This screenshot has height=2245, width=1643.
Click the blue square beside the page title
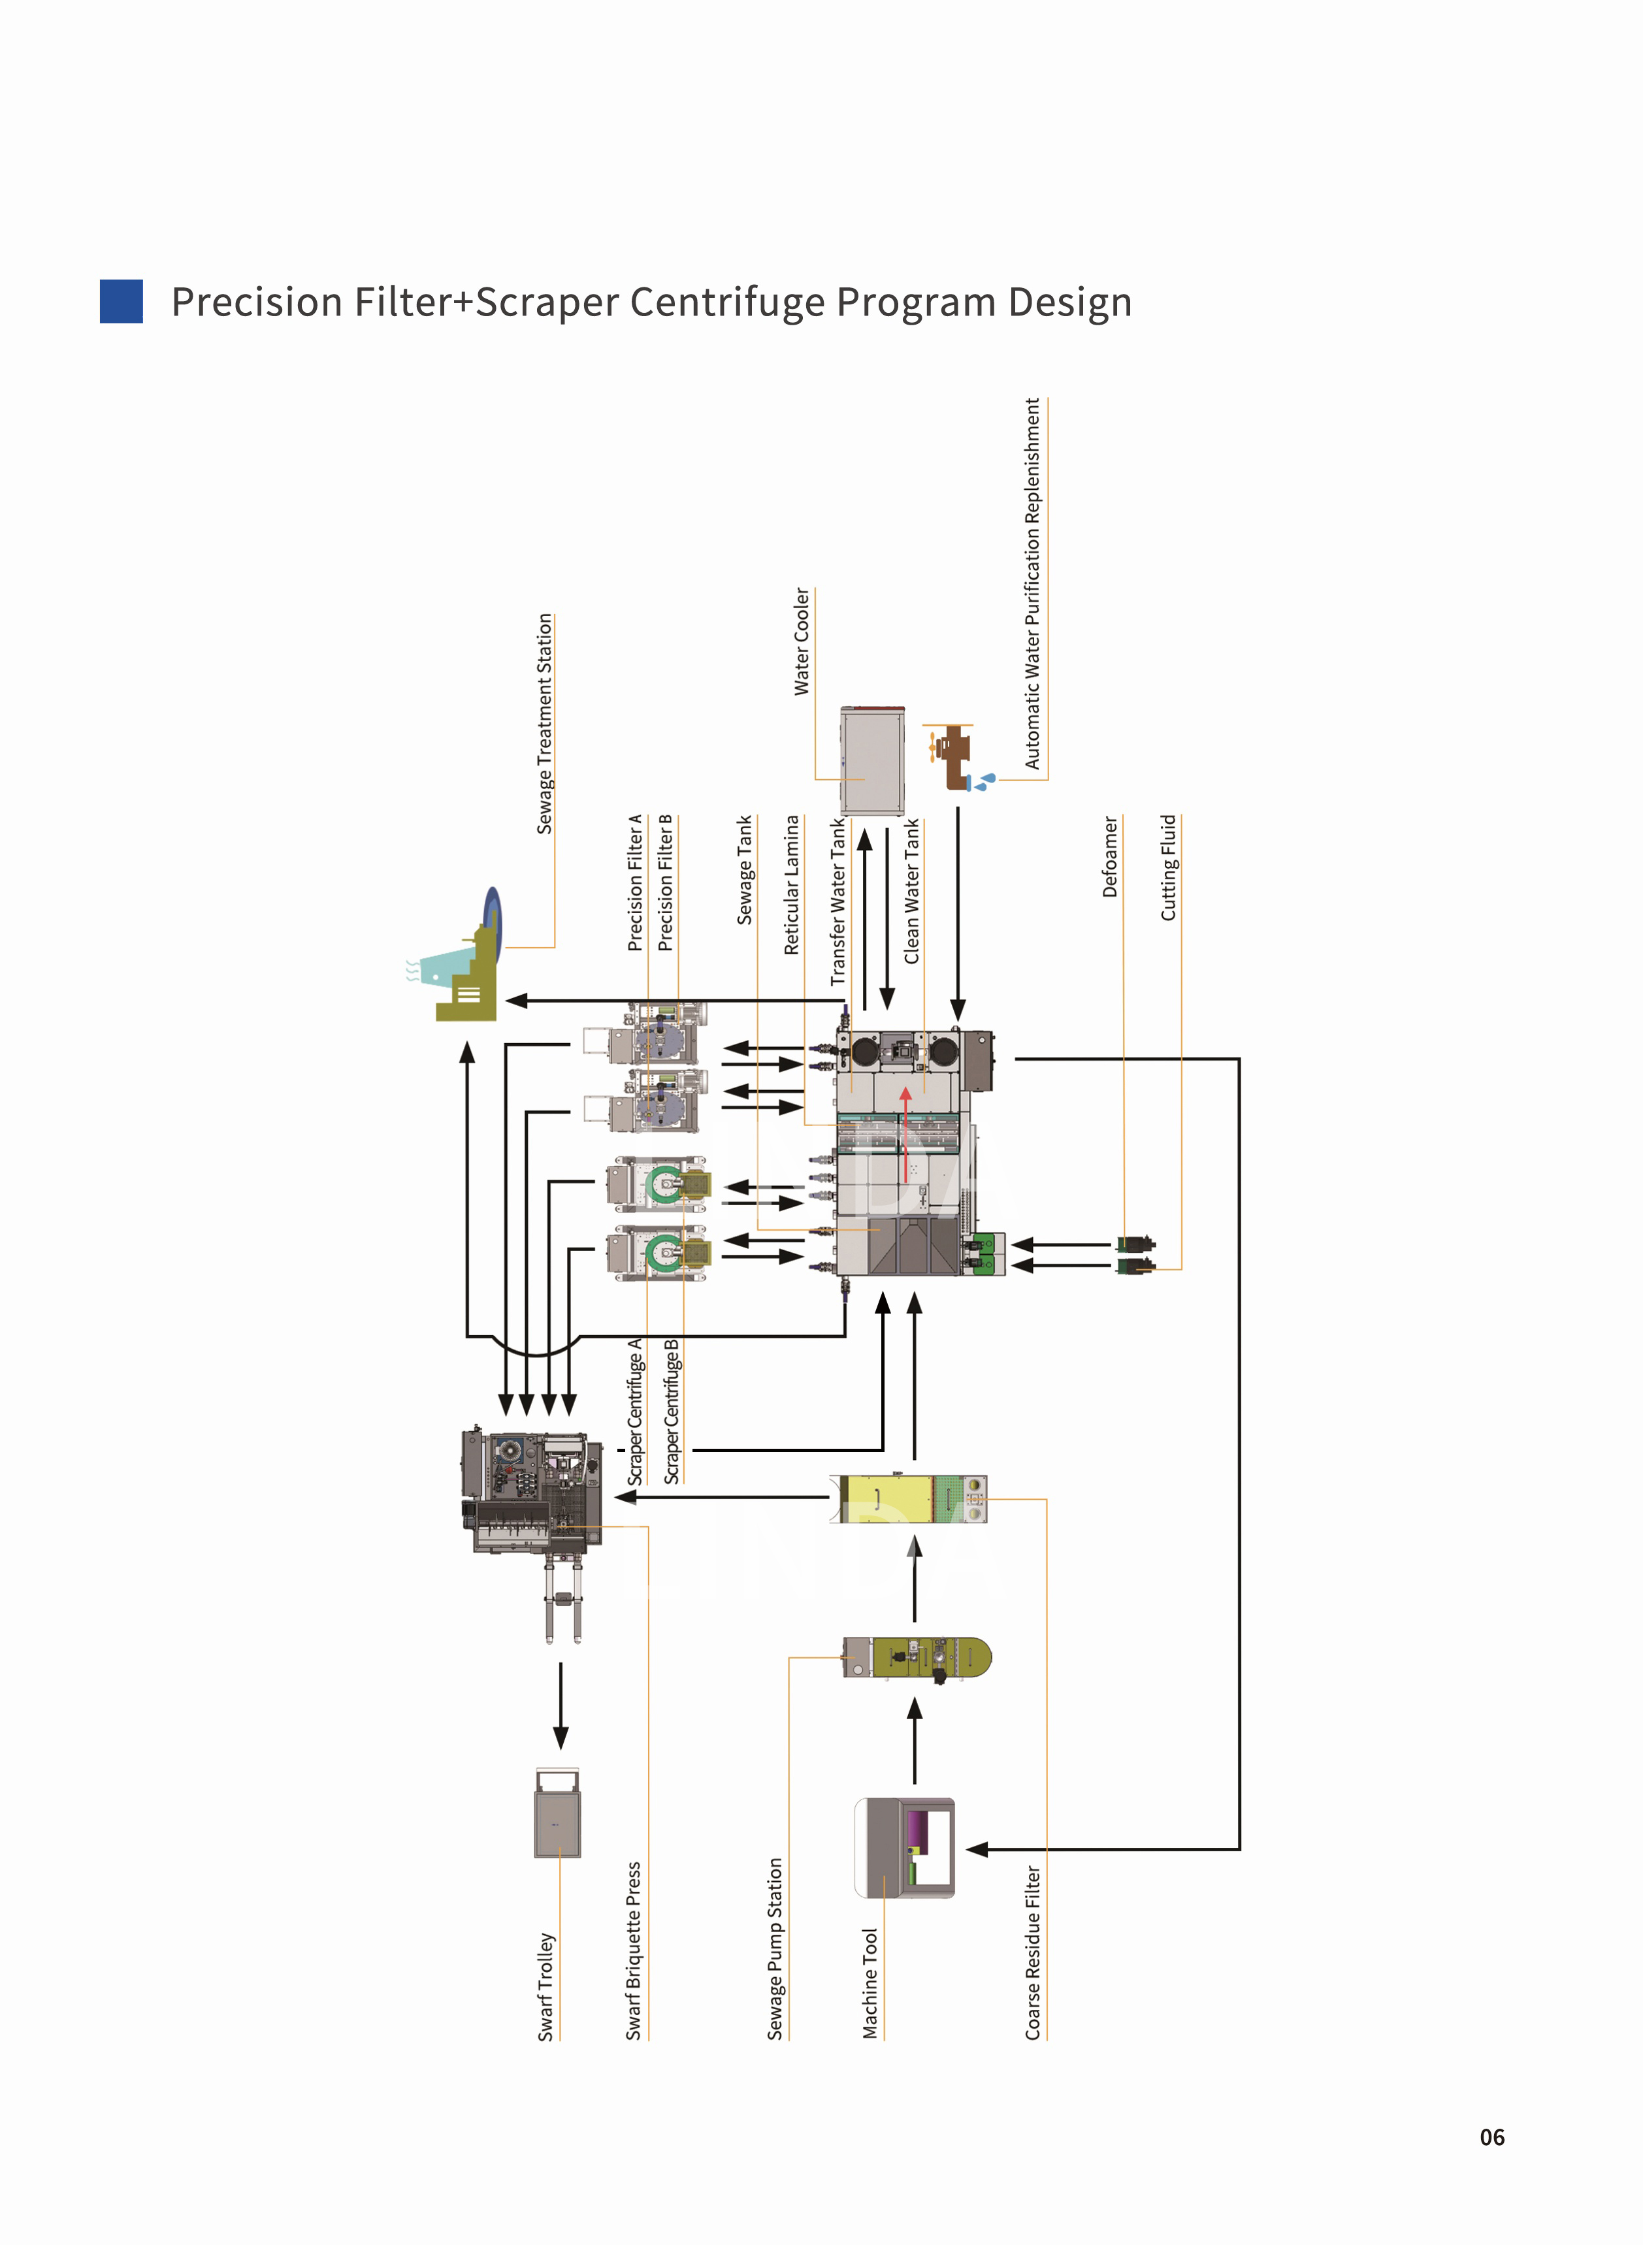(x=122, y=301)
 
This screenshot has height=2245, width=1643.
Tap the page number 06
(x=1492, y=2137)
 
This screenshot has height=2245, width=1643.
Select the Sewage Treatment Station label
(x=544, y=723)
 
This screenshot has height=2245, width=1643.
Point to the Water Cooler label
(x=802, y=641)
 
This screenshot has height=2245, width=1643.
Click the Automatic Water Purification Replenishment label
(x=1032, y=583)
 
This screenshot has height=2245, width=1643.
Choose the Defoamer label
(x=1110, y=857)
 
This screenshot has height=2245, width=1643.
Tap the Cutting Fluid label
(x=1169, y=867)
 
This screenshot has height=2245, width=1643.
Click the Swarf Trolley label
(x=545, y=1986)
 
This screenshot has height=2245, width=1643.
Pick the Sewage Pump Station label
(x=775, y=1948)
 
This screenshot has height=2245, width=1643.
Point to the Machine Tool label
(x=870, y=1984)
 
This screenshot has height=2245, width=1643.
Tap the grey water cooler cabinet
(x=872, y=760)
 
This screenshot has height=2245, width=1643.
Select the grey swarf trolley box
(x=557, y=1813)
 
